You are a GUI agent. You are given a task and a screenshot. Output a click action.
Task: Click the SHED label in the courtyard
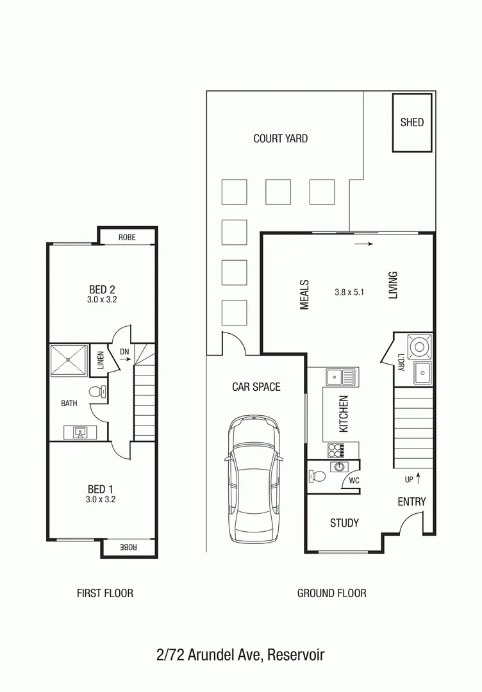411,122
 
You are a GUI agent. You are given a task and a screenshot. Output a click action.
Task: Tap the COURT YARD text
280,138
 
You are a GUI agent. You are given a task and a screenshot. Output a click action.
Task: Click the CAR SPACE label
256,387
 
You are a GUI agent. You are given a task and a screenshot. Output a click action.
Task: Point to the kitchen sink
340,377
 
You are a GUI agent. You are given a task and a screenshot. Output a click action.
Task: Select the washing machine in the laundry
420,347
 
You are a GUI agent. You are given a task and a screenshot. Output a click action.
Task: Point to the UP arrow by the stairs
418,477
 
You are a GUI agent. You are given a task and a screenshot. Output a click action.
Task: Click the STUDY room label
344,523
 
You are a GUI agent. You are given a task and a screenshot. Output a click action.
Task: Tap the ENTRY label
411,502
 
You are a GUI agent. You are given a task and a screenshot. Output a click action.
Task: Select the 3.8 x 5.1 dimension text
349,292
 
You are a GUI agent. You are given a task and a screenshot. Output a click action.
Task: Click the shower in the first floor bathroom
69,361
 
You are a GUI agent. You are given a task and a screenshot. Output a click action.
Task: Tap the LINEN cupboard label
100,361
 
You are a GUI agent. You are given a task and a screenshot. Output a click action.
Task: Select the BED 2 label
102,289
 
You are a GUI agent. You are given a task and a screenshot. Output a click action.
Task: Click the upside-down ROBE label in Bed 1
129,547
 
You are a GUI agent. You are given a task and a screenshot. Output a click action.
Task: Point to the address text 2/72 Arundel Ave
240,655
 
